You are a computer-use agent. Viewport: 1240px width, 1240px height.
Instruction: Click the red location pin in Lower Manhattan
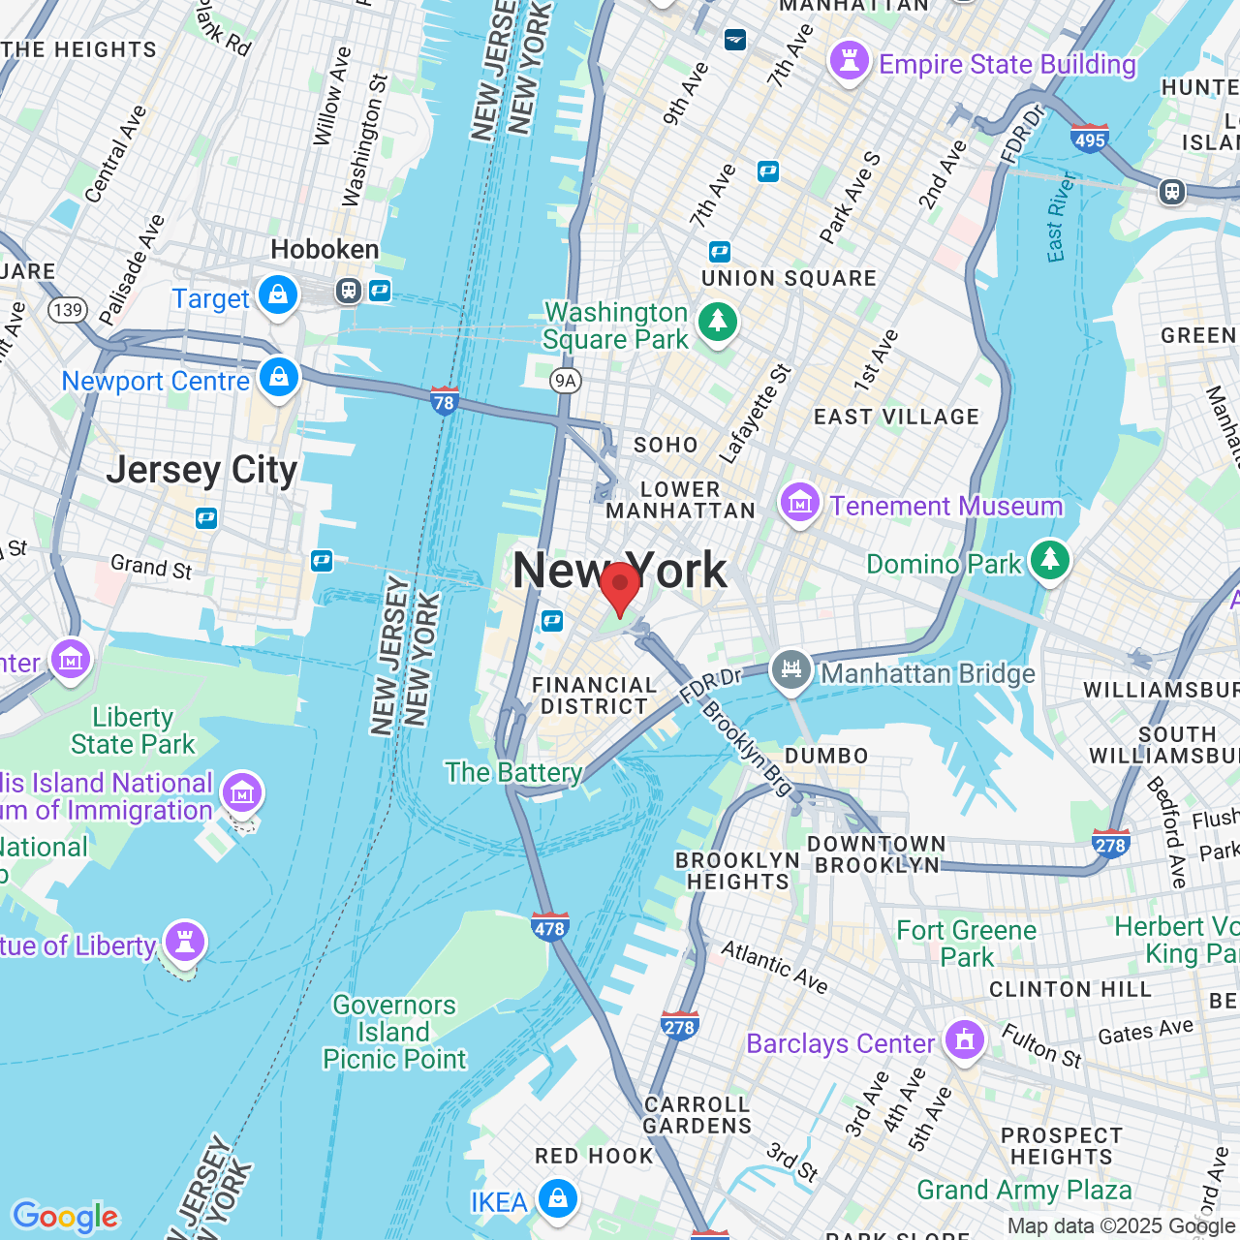(x=620, y=585)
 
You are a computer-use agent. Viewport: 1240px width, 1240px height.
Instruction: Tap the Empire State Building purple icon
(x=850, y=62)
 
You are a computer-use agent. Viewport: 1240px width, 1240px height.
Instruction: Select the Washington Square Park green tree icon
(x=718, y=321)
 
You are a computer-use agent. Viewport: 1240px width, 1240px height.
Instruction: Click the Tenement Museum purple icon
(x=800, y=504)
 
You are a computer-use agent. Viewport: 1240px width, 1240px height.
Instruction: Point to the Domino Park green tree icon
(x=1049, y=561)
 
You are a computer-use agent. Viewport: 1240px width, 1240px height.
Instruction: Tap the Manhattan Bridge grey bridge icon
(x=791, y=670)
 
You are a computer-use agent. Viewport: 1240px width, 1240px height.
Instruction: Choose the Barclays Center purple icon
(x=964, y=1040)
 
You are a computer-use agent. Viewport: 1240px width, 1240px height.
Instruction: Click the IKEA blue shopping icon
(x=557, y=1199)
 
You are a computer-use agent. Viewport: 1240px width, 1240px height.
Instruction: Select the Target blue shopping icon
(x=278, y=295)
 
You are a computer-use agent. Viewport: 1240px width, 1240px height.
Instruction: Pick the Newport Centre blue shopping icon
(x=279, y=378)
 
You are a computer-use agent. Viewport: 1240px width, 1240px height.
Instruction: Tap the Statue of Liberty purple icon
(x=184, y=942)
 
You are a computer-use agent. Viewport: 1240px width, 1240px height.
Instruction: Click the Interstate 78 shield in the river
(x=444, y=400)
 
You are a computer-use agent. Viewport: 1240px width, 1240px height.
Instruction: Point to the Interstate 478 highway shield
(x=549, y=927)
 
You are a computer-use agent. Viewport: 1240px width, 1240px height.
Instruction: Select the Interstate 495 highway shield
(x=1090, y=139)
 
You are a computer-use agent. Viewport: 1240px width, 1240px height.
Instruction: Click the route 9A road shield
(x=565, y=381)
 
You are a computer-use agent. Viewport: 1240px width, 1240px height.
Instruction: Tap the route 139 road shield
(x=68, y=310)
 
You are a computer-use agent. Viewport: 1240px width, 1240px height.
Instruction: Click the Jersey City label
(x=201, y=471)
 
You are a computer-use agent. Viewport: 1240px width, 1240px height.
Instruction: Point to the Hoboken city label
(x=325, y=250)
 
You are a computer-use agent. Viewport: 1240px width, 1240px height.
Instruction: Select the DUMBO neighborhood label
(x=826, y=756)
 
